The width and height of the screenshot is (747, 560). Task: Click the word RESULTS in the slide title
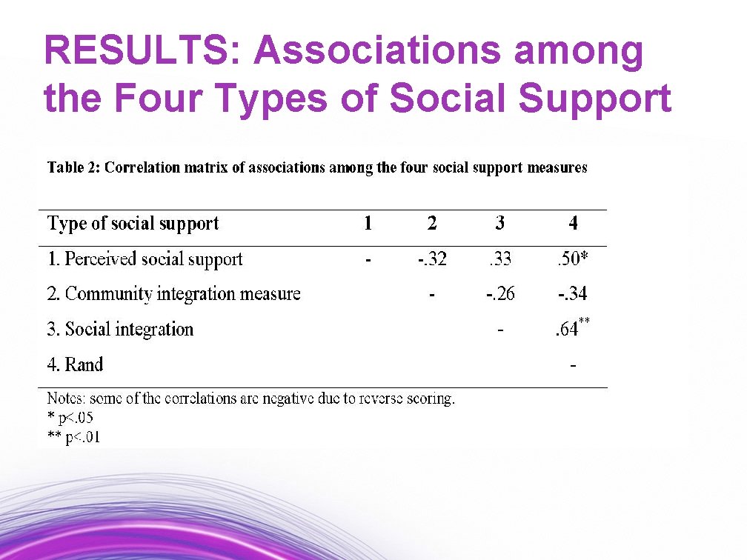tap(141, 52)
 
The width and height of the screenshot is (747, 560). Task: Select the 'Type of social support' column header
tap(133, 223)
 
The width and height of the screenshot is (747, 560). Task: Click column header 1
tap(368, 223)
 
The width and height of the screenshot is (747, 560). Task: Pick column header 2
tap(432, 223)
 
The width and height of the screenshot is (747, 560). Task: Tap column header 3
tap(500, 223)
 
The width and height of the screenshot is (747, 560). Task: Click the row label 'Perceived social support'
tap(145, 259)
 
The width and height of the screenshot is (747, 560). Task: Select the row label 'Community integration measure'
tap(174, 294)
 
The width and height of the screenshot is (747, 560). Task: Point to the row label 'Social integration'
tap(121, 330)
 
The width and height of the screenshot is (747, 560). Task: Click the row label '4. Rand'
tap(75, 364)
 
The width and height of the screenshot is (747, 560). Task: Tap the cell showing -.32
tap(432, 259)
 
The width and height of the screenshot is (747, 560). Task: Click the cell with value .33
tap(500, 259)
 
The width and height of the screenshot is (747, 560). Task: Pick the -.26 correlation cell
tap(500, 294)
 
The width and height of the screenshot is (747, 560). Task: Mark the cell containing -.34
tap(572, 294)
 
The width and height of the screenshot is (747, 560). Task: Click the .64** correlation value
tap(572, 329)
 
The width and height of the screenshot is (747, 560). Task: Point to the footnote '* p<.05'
tap(70, 418)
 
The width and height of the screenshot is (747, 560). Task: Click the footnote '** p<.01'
tap(73, 437)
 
